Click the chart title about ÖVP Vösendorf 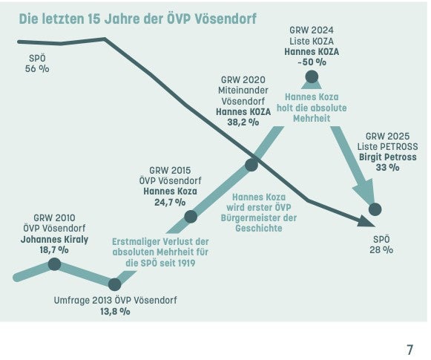(137, 19)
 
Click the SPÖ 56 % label (36, 64)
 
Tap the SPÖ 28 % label (381, 245)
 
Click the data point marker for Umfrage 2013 (114, 284)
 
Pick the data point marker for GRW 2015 (190, 217)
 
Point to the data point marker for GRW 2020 (251, 165)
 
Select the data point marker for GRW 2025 (375, 209)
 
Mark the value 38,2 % (237, 122)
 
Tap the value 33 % (388, 168)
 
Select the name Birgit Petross (387, 157)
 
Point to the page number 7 (409, 350)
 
